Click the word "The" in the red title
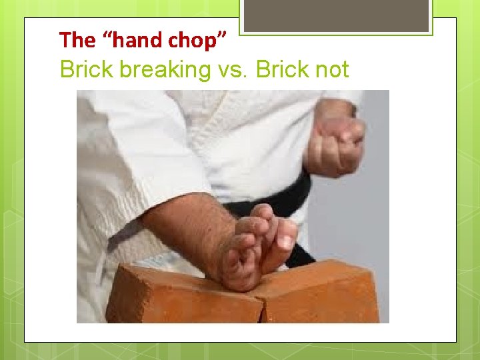pyautogui.click(x=77, y=40)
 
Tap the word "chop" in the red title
pyautogui.click(x=195, y=40)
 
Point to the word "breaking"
pyautogui.click(x=165, y=69)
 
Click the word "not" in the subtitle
pyautogui.click(x=331, y=69)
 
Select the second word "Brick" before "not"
pyautogui.click(x=283, y=69)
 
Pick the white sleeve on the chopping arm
pyautogui.click(x=133, y=167)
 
